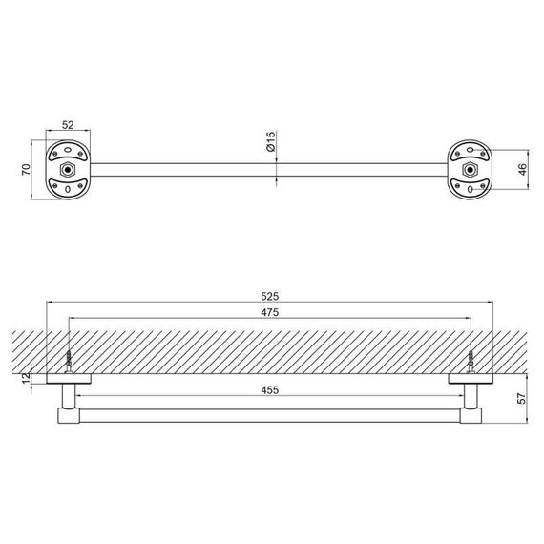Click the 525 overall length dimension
[269, 296]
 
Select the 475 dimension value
[269, 312]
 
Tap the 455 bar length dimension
[269, 390]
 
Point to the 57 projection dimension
[521, 398]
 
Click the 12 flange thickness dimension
[27, 378]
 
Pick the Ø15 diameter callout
[271, 141]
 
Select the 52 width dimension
[68, 125]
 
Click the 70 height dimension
[27, 169]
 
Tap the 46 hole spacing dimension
[522, 169]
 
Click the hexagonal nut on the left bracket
[68, 170]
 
